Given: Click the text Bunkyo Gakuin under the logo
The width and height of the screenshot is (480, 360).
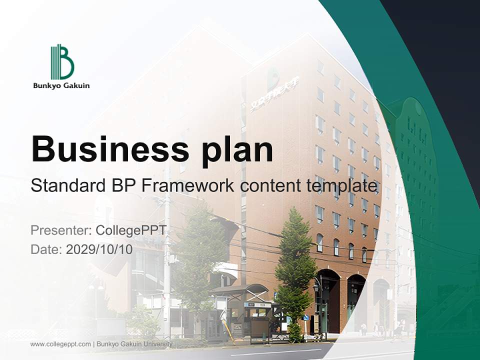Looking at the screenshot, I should pos(61,85).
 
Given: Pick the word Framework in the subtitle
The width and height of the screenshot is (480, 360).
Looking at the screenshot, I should pos(188,185).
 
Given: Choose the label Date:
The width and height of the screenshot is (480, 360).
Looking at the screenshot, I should pos(46,249).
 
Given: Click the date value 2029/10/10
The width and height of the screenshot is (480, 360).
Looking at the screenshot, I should pos(99,249).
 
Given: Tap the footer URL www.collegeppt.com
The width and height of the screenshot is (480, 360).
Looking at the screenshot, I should pos(60,344).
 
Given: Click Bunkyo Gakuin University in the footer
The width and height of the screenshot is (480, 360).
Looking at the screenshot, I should pos(134,344).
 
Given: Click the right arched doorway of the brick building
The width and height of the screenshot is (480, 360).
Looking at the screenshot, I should pos(356,300).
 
